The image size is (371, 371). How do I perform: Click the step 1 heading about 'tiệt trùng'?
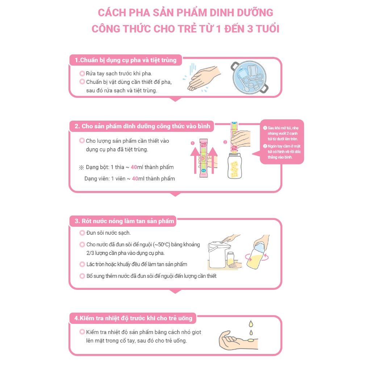[x=125, y=60]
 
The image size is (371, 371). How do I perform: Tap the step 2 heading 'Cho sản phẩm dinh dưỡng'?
[x=142, y=126]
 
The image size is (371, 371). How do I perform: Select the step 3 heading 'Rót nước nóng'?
[x=124, y=221]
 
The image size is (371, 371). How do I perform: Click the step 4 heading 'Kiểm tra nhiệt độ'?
[x=133, y=318]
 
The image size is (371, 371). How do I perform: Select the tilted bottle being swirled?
[x=258, y=258]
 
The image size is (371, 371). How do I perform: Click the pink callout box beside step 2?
[x=283, y=142]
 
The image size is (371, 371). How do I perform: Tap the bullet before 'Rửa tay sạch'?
[x=82, y=74]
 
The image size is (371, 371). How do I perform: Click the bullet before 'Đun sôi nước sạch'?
[x=82, y=233]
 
